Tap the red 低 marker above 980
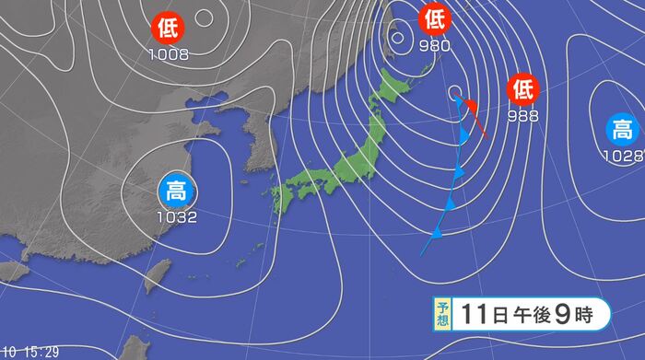click(x=433, y=17)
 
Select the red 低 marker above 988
click(x=522, y=90)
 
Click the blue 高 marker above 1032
click(x=174, y=192)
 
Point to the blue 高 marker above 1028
click(x=622, y=129)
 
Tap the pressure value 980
click(x=434, y=43)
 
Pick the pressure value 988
click(x=522, y=116)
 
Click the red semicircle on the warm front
click(x=471, y=108)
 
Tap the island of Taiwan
click(x=159, y=273)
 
